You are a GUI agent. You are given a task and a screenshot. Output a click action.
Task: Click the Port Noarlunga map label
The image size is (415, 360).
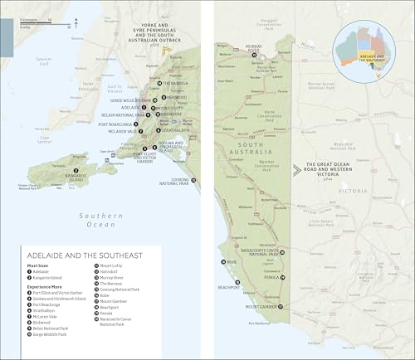coord(114,124)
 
